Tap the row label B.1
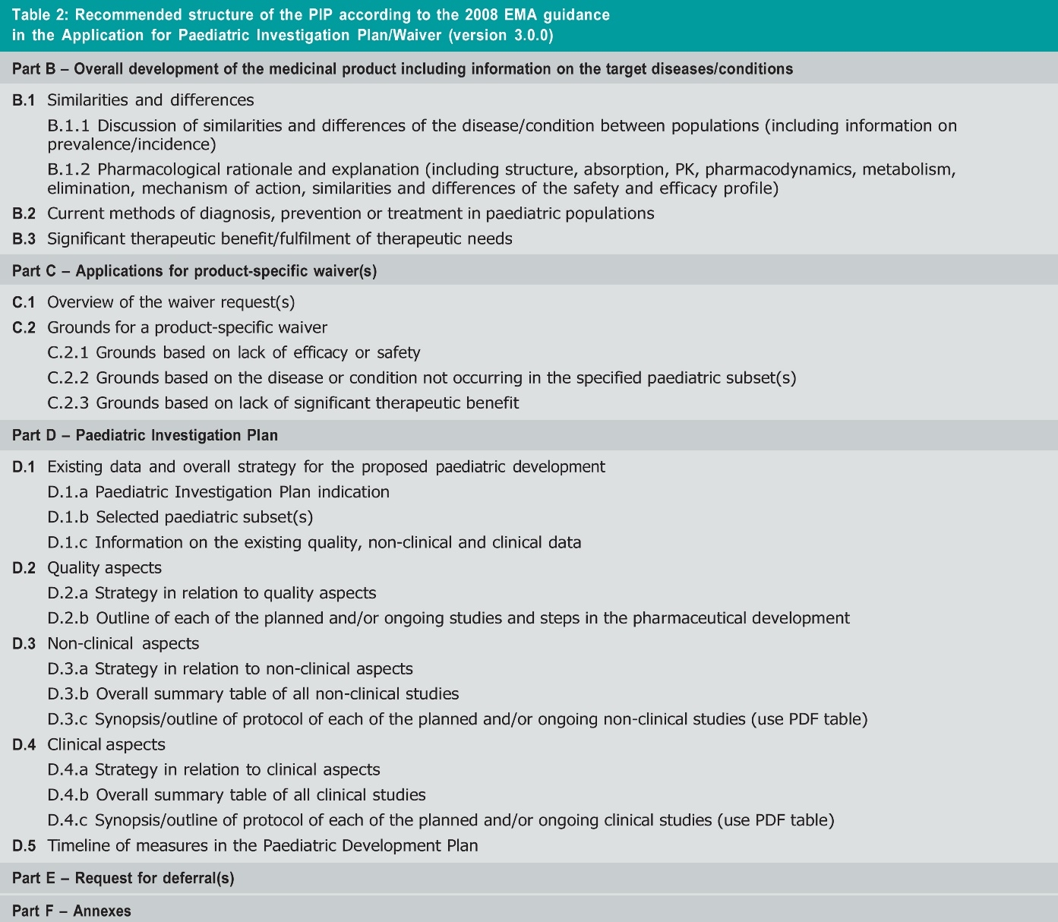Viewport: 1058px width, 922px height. coord(24,100)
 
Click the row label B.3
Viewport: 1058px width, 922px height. coord(24,239)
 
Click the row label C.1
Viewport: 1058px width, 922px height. coord(24,302)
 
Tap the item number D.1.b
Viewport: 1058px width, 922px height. coord(68,517)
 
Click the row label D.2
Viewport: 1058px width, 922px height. coord(24,568)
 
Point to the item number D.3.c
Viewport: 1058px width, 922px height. coord(68,719)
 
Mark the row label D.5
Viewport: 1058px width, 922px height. coord(24,846)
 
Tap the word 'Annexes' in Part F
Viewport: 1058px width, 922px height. coord(102,911)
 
